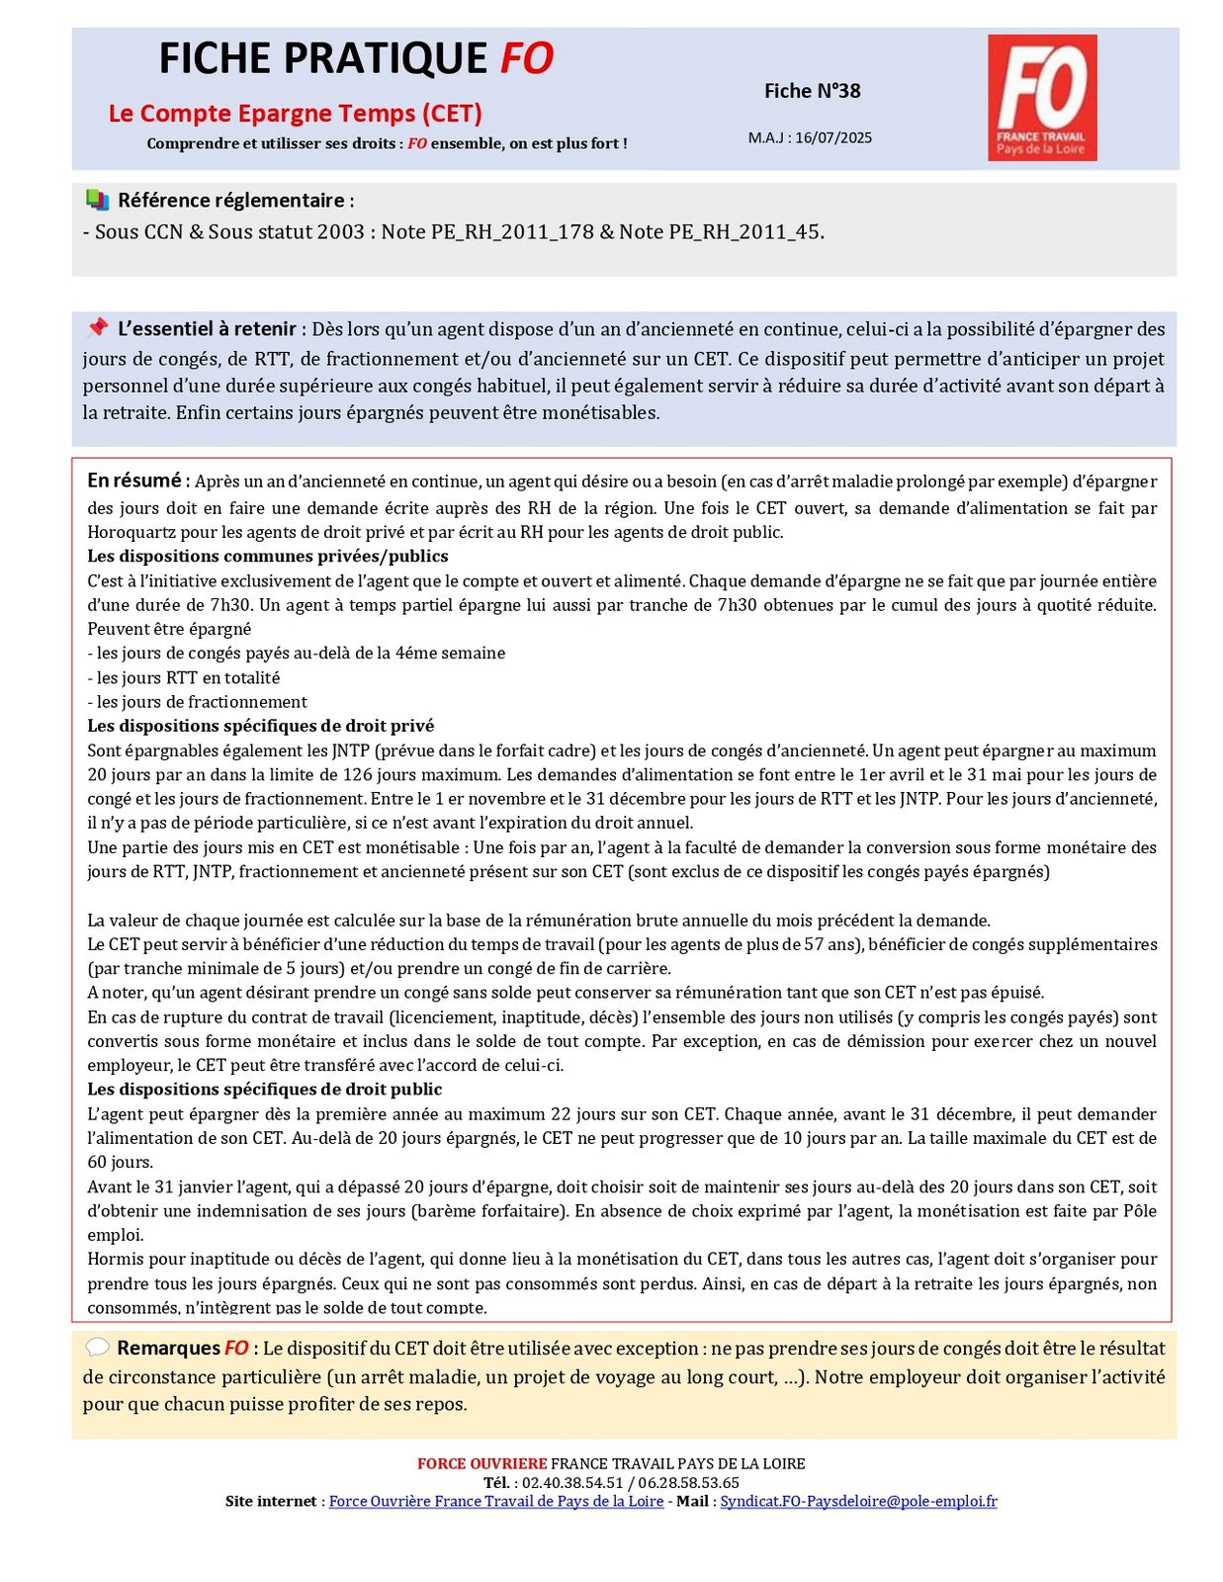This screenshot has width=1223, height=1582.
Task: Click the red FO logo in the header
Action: click(x=1042, y=97)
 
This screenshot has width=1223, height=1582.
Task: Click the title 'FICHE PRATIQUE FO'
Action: click(x=356, y=59)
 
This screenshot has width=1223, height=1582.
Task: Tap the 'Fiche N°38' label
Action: click(x=812, y=91)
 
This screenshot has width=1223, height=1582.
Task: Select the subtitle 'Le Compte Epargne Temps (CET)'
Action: click(x=295, y=114)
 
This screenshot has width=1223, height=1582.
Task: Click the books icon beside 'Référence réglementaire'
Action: click(x=97, y=200)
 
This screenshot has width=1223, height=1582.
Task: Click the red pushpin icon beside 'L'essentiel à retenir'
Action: click(x=97, y=327)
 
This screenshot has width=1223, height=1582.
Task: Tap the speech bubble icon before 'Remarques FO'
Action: click(x=97, y=1348)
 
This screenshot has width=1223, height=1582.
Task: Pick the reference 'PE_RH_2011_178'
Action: click(x=511, y=232)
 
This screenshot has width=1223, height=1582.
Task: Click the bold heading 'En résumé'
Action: click(x=134, y=481)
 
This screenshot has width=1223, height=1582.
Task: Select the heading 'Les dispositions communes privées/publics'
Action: click(x=268, y=557)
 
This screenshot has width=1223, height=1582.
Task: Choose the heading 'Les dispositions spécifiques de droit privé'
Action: click(x=261, y=726)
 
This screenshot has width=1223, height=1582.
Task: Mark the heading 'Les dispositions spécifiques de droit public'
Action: click(x=265, y=1090)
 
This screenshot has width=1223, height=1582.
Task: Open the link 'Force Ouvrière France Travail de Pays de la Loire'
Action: click(x=495, y=1501)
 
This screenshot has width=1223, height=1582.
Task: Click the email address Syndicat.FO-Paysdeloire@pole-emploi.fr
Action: click(x=858, y=1501)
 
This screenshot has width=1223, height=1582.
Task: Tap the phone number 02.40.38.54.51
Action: click(x=572, y=1482)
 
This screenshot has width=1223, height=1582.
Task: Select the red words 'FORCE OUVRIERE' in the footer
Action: click(x=481, y=1463)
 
